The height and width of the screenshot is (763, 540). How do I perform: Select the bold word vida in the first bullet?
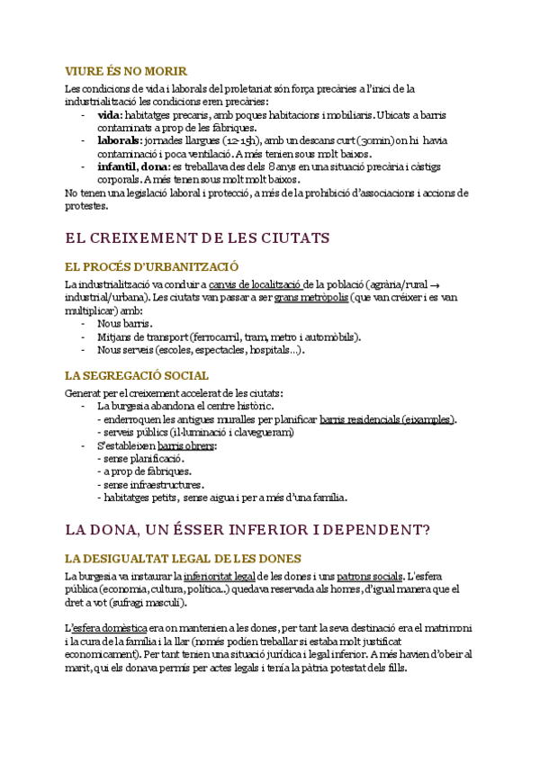click(x=109, y=115)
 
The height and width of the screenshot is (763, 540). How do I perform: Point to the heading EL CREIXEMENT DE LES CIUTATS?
click(x=198, y=238)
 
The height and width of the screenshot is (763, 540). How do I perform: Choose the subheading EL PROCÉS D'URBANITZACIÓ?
click(x=151, y=266)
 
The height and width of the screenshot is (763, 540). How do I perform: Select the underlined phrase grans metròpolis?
click(x=311, y=297)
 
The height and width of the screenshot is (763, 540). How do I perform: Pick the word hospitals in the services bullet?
click(x=272, y=350)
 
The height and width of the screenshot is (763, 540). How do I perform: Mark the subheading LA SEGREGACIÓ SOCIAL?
click(x=137, y=375)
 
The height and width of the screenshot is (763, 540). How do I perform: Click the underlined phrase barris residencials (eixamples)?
click(x=387, y=419)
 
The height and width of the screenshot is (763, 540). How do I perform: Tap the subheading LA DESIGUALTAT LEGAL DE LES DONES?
click(x=183, y=558)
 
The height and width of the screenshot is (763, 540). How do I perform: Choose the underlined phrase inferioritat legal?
click(x=220, y=576)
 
